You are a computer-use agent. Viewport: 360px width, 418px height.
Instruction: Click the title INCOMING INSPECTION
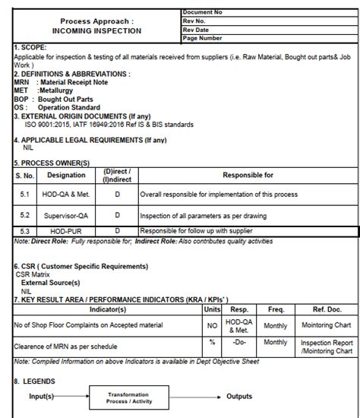pyautogui.click(x=96, y=31)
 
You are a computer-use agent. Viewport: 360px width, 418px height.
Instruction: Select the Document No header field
pyautogui.click(x=204, y=13)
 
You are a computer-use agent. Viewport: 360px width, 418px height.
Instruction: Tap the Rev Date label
pyautogui.click(x=197, y=30)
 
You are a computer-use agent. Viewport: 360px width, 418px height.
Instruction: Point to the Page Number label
pyautogui.click(x=203, y=38)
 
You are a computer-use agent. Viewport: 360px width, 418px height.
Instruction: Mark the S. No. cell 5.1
pyautogui.click(x=24, y=195)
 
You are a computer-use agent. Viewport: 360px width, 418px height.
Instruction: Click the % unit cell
pyautogui.click(x=213, y=343)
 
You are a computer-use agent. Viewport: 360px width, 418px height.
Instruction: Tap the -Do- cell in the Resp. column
pyautogui.click(x=240, y=343)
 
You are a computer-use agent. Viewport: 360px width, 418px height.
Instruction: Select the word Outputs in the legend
pyautogui.click(x=240, y=397)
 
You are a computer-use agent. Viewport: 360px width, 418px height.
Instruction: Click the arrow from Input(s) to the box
pyautogui.click(x=71, y=397)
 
